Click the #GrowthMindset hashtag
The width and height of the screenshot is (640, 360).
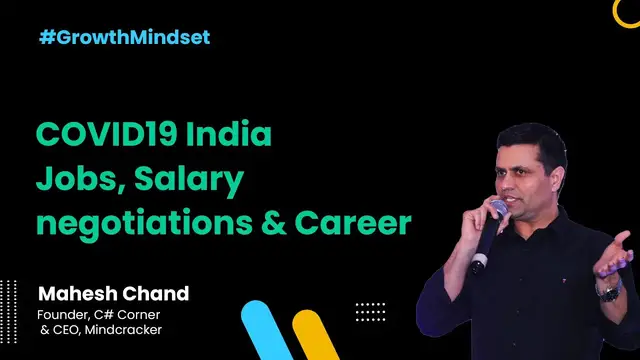coord(124,38)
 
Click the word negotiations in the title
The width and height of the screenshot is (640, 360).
coord(131,224)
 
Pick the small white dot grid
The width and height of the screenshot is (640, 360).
coord(369,311)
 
